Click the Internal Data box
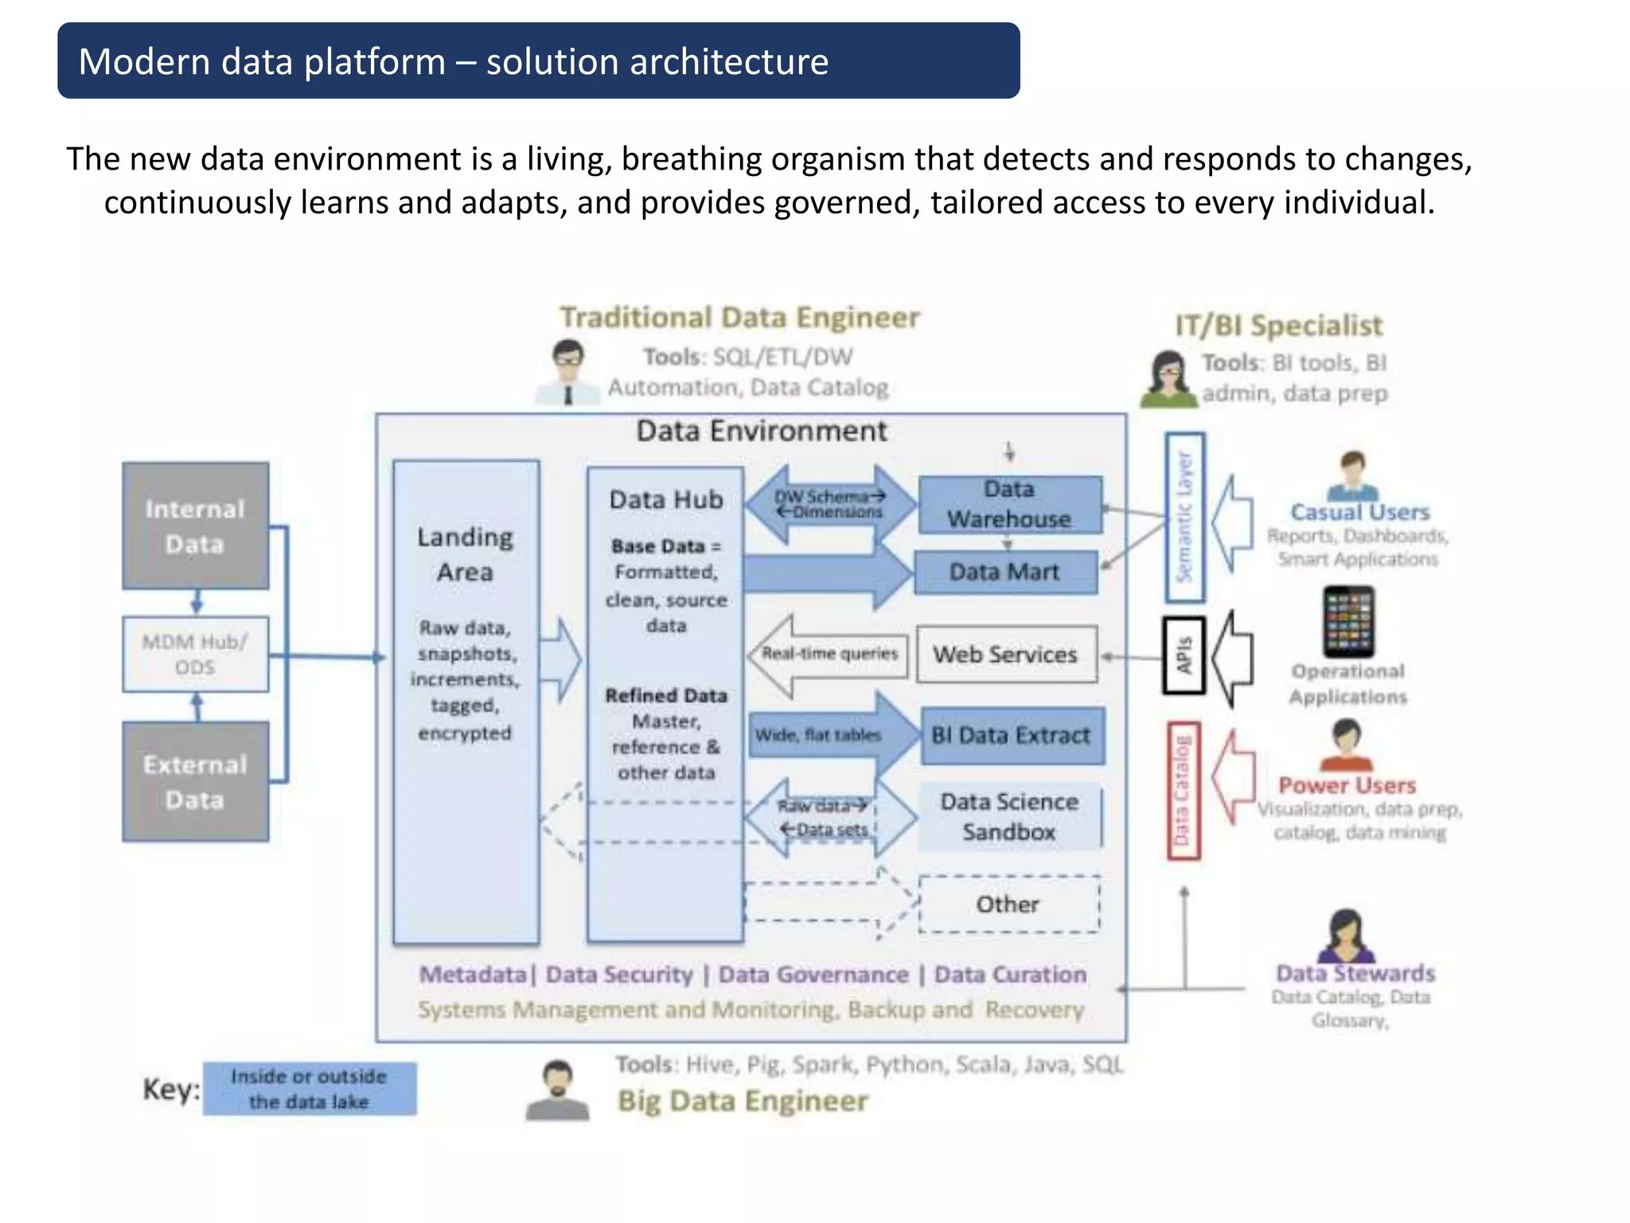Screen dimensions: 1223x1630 [x=195, y=526]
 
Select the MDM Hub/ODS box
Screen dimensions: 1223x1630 [x=195, y=654]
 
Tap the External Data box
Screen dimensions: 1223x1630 [x=195, y=781]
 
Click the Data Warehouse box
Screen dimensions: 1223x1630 [x=1009, y=504]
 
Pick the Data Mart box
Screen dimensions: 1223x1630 [x=1005, y=572]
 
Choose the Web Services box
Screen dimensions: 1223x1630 [x=1006, y=654]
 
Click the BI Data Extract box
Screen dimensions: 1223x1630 [x=1012, y=735]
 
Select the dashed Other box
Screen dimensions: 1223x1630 [x=1008, y=905]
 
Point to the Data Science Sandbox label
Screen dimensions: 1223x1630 [x=1009, y=817]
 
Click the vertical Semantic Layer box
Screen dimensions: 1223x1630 [x=1184, y=517]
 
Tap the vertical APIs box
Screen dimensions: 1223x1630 [x=1184, y=655]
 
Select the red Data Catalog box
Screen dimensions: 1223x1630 [x=1183, y=791]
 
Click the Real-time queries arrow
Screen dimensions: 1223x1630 [x=828, y=654]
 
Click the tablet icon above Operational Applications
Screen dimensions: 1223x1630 [x=1348, y=621]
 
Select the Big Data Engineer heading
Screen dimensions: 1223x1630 [x=742, y=1101]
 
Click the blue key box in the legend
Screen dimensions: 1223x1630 [x=309, y=1088]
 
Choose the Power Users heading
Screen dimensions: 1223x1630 [x=1347, y=786]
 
